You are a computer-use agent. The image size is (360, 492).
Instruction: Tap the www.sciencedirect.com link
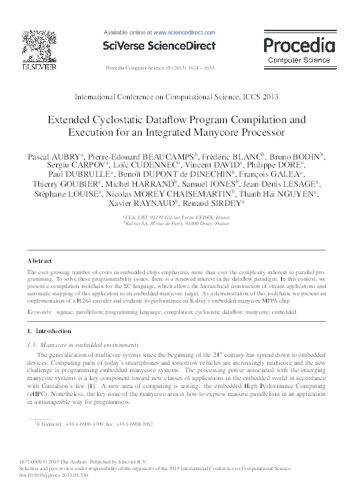pos(184,32)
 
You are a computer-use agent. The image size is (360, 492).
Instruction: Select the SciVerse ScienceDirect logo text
pos(159,46)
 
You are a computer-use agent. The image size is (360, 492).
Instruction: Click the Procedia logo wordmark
pos(299,46)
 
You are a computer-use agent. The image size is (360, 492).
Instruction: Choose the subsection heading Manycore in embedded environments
pos(89,344)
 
